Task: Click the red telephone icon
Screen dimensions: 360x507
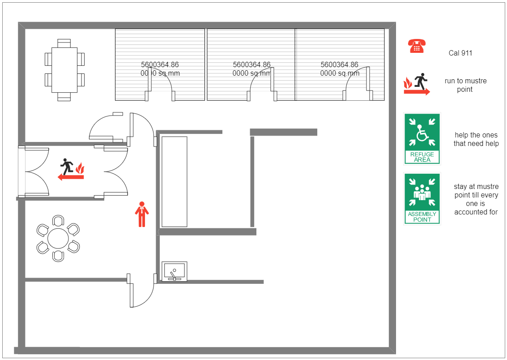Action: click(x=417, y=46)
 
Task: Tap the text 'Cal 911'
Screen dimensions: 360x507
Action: click(x=460, y=53)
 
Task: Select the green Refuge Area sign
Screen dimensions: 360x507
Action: click(x=422, y=138)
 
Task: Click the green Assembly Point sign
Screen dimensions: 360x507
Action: click(x=422, y=198)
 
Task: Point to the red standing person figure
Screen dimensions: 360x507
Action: click(x=142, y=214)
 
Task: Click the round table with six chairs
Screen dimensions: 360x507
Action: click(x=58, y=238)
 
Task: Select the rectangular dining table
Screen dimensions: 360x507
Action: click(x=64, y=70)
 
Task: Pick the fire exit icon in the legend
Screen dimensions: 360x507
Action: click(x=417, y=85)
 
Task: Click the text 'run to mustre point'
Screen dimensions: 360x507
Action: click(x=465, y=85)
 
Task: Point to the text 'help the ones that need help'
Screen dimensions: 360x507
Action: click(x=476, y=139)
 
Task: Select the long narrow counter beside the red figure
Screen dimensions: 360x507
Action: click(x=174, y=181)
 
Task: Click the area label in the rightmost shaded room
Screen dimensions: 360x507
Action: click(x=340, y=69)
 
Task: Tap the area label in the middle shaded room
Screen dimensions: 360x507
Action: click(x=251, y=69)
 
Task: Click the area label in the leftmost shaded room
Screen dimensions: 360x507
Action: click(x=160, y=69)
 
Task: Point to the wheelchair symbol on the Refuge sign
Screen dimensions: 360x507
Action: click(x=422, y=133)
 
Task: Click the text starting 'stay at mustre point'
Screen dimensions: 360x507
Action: click(x=476, y=199)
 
